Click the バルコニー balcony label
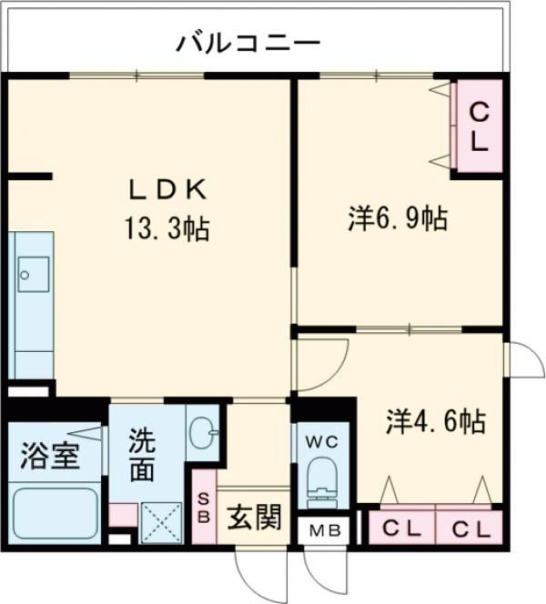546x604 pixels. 248,41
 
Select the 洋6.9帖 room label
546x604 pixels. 397,218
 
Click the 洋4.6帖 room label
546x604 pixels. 435,422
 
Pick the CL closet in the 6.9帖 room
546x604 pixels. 479,127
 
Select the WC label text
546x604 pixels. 322,442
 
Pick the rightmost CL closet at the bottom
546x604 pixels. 470,527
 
